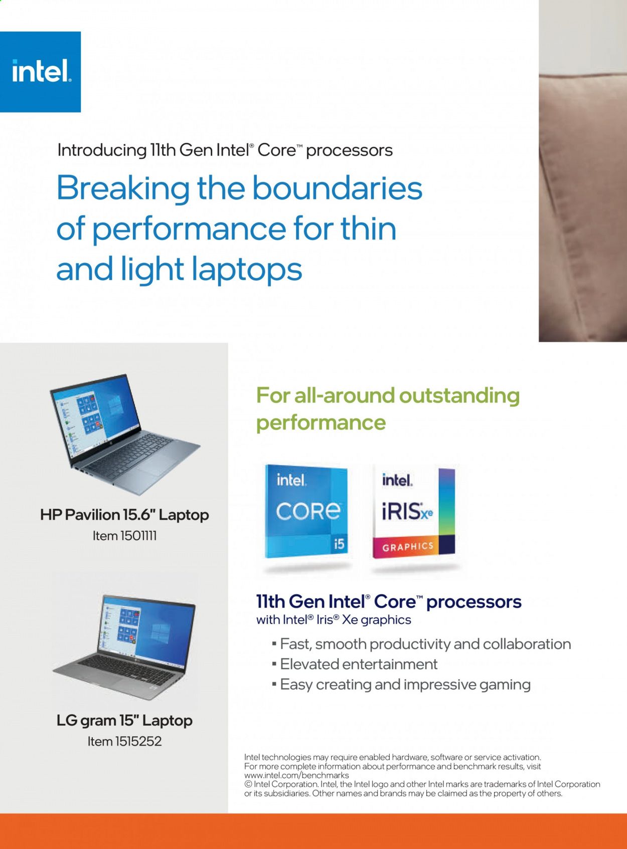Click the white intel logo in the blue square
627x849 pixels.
coord(42,71)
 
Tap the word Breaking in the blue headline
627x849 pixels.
coord(122,189)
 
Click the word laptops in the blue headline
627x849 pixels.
coord(246,270)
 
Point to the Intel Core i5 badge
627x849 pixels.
coord(306,511)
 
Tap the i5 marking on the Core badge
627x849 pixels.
coord(339,544)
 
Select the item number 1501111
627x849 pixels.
coord(138,536)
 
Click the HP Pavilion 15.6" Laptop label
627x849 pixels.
coord(124,515)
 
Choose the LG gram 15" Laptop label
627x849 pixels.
coord(124,721)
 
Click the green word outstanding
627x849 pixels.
coord(459,396)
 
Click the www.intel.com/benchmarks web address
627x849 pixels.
coord(296,775)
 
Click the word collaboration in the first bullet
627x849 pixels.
coord(527,644)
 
